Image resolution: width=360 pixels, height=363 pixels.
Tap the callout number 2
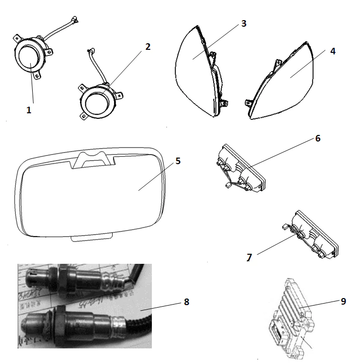tap(147, 47)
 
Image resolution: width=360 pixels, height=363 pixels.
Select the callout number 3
tap(243, 24)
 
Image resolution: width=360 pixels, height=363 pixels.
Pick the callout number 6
tap(318, 137)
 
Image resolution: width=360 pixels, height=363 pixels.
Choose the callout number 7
tap(249, 257)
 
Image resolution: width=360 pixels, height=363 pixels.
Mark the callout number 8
tap(186, 302)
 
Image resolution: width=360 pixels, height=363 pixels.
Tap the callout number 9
tap(343, 301)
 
